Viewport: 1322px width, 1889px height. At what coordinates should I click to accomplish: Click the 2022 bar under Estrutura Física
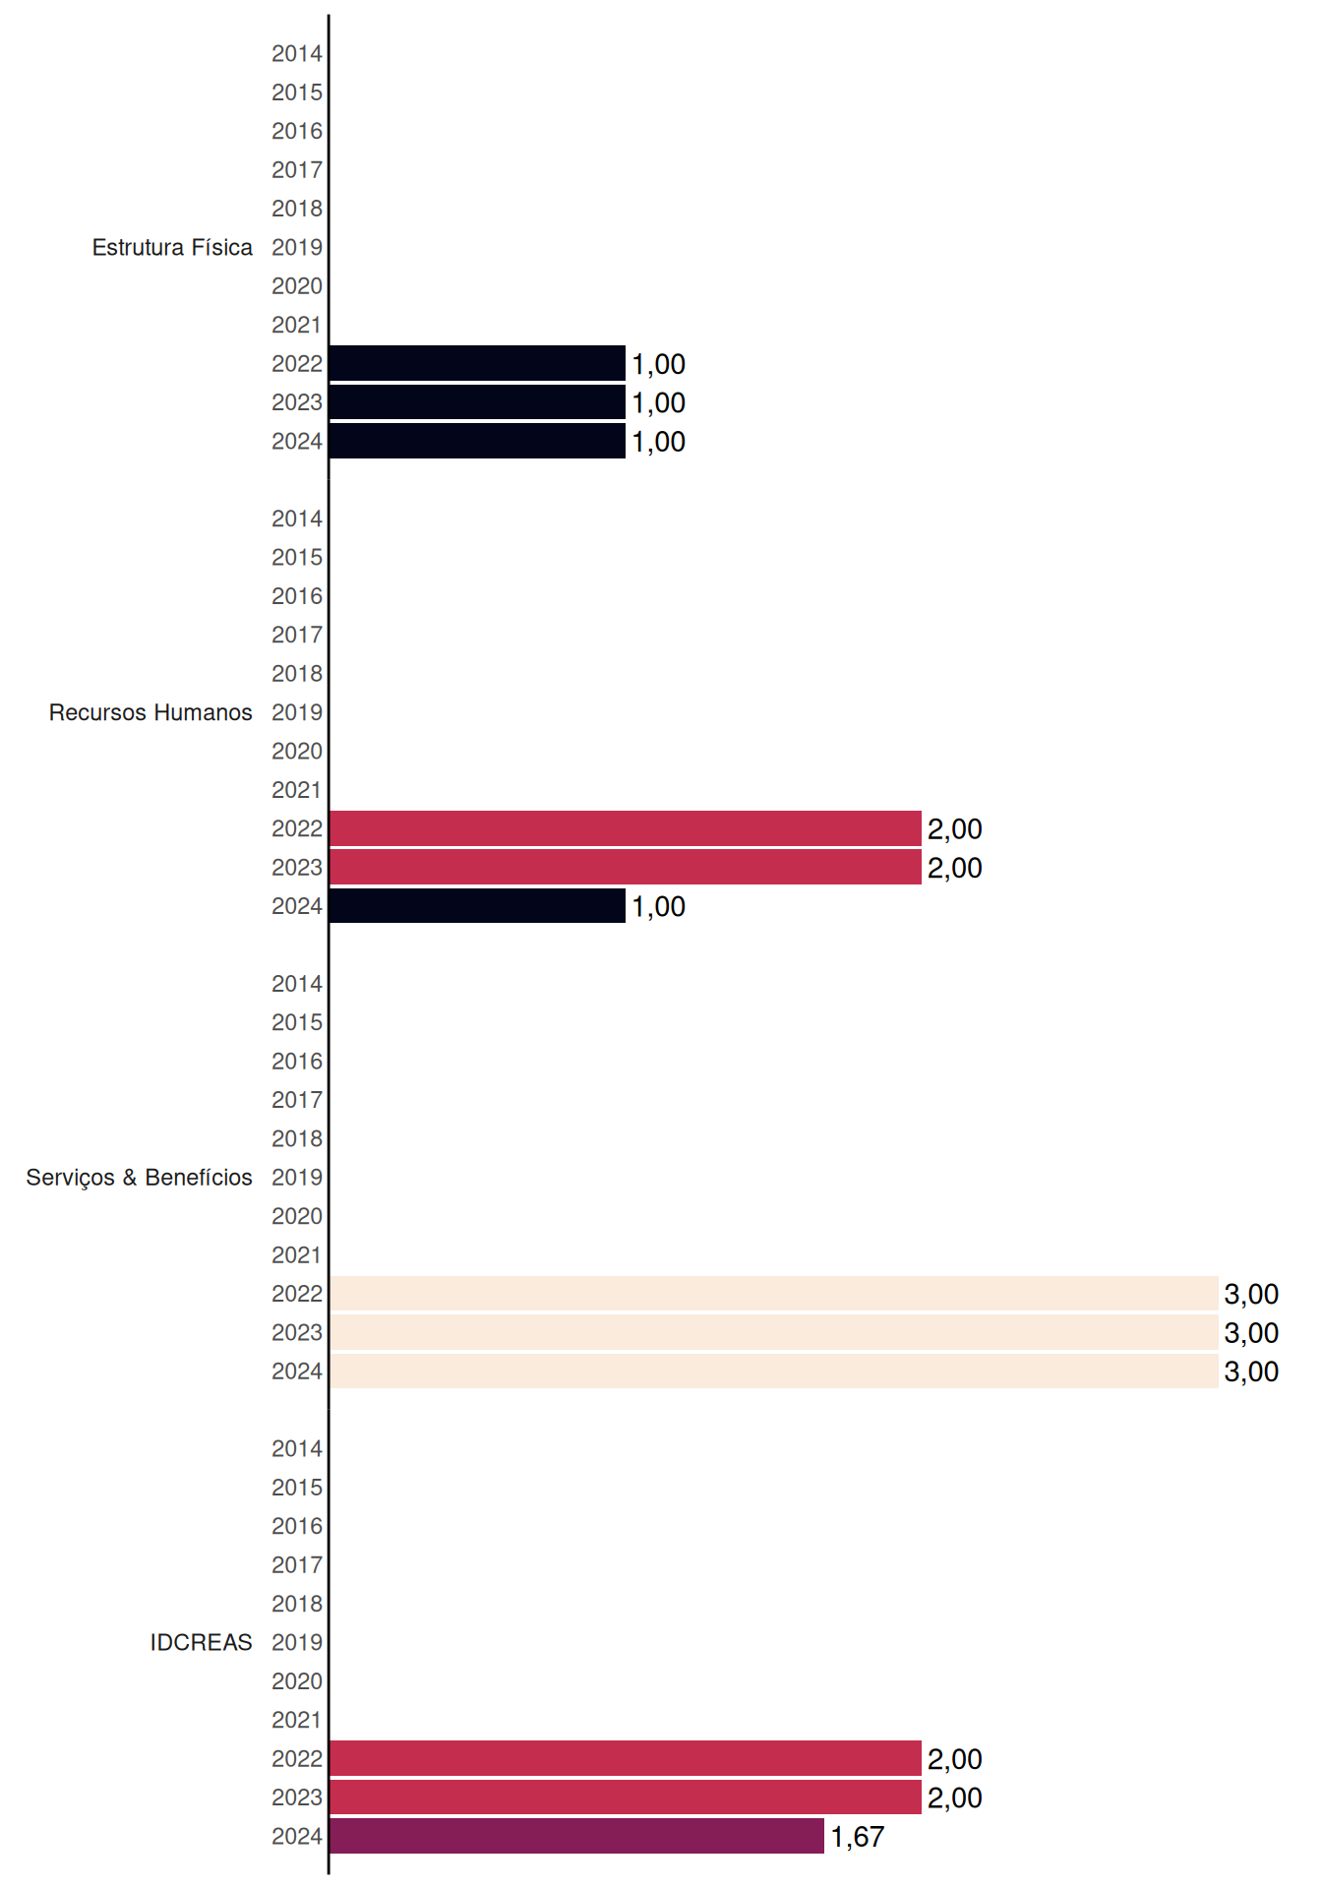(477, 363)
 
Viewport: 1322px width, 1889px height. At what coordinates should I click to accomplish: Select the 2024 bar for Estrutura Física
(477, 441)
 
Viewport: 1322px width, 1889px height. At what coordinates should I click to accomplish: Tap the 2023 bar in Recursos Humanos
(626, 867)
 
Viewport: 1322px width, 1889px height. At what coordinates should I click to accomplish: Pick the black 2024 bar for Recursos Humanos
(477, 906)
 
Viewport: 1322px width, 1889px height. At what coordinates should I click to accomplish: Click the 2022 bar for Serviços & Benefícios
(774, 1293)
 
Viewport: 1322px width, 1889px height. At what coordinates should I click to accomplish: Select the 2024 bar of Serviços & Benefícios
(774, 1371)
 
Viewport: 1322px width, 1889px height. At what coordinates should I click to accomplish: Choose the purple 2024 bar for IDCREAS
(576, 1836)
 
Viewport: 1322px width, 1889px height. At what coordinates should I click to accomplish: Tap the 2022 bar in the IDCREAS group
(626, 1758)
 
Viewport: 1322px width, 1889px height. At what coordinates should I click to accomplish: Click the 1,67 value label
(858, 1837)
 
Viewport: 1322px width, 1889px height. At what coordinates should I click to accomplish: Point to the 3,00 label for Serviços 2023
(1251, 1333)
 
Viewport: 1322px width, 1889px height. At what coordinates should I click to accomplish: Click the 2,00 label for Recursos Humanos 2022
(955, 829)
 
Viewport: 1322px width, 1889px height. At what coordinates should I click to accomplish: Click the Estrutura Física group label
(172, 247)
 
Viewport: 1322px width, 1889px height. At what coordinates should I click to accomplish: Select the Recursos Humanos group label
(150, 712)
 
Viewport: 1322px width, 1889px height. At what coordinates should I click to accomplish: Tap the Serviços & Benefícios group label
(139, 1178)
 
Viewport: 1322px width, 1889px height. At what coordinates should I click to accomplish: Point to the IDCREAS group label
(201, 1642)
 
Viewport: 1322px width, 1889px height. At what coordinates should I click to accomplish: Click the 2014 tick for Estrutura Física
(297, 53)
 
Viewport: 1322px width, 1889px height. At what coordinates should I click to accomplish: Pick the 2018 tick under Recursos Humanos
(297, 673)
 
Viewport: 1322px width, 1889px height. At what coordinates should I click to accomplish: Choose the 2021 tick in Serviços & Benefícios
(297, 1254)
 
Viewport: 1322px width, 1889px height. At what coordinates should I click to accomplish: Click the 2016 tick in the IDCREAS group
(297, 1526)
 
